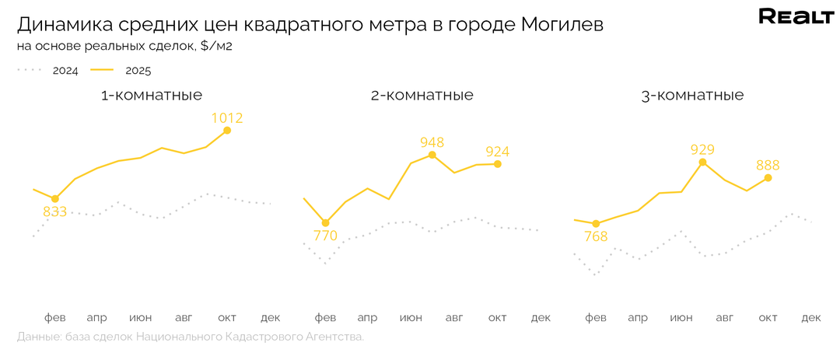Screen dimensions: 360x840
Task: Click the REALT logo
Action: point(796,17)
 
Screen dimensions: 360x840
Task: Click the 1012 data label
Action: point(227,118)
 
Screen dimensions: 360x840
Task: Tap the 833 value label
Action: point(54,211)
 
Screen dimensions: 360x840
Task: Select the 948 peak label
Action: point(432,142)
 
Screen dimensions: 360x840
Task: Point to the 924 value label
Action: point(498,151)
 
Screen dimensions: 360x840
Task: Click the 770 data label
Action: point(324,236)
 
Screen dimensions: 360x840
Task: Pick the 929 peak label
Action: point(702,149)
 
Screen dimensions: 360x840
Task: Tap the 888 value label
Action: point(767,165)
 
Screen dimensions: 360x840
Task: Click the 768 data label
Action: point(595,236)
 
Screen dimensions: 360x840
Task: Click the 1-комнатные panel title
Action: point(152,96)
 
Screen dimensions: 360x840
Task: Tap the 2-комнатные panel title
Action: point(422,96)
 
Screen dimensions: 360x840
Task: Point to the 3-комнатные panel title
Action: point(692,96)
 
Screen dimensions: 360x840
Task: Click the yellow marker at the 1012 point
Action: point(227,130)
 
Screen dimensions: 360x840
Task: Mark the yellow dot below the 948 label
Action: point(432,155)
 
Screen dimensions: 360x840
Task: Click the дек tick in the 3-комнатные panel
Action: point(810,317)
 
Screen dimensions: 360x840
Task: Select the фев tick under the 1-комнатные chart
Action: point(54,317)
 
